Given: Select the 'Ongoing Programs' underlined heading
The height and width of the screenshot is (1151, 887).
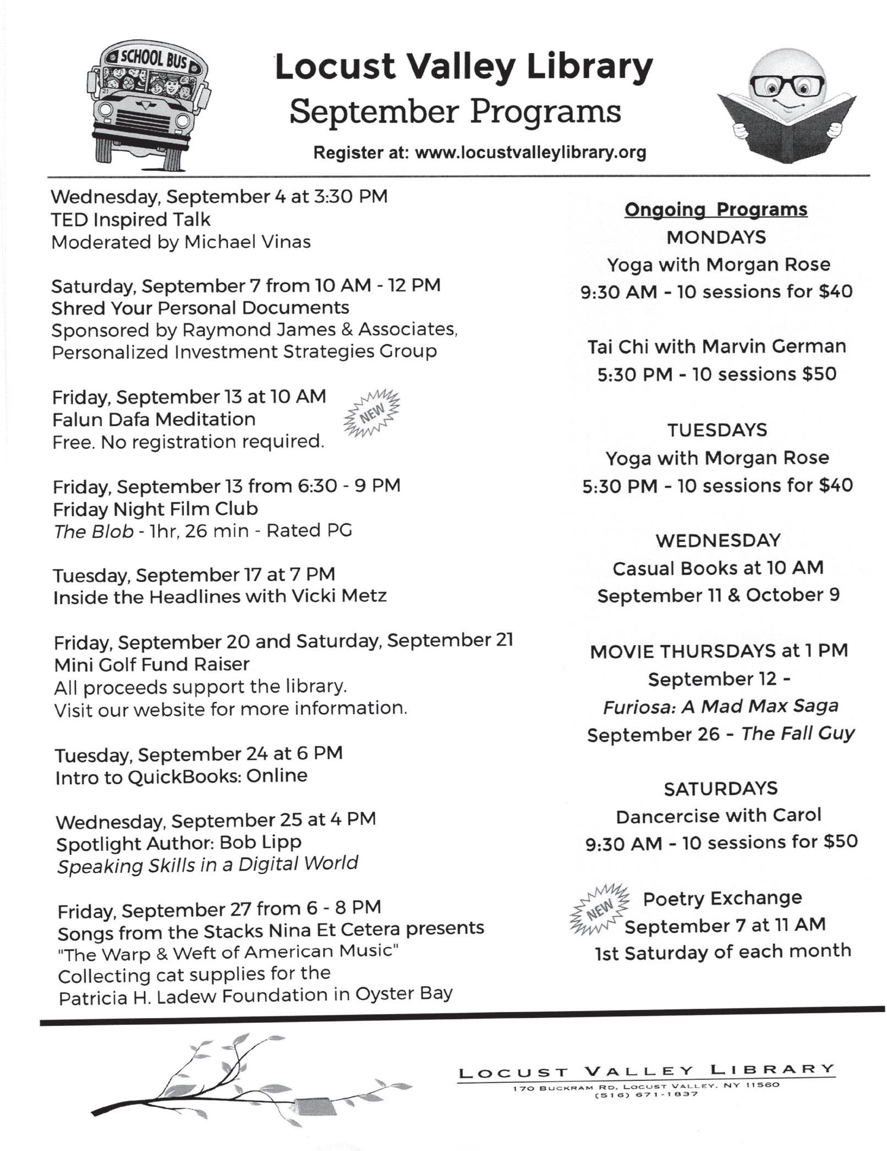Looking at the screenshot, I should pyautogui.click(x=716, y=210).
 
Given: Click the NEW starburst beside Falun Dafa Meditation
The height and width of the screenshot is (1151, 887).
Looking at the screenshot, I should pyautogui.click(x=372, y=414).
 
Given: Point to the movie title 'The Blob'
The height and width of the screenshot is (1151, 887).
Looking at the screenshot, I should pyautogui.click(x=94, y=531).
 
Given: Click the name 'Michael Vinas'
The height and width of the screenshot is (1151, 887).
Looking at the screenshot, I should pyautogui.click(x=247, y=242).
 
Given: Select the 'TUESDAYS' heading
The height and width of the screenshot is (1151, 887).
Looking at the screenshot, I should pyautogui.click(x=717, y=429).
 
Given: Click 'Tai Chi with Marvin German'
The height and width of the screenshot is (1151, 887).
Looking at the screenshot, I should pyautogui.click(x=716, y=346).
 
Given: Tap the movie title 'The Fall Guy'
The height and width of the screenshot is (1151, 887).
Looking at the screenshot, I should pyautogui.click(x=798, y=734).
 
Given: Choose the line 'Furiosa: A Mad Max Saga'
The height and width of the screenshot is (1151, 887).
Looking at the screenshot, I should pyautogui.click(x=720, y=706).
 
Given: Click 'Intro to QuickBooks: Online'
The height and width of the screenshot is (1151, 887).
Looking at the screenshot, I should pyautogui.click(x=182, y=776).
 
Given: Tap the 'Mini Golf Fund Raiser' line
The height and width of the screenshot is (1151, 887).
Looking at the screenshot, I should pyautogui.click(x=152, y=664).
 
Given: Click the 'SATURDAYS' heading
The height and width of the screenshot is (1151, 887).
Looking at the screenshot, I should pyautogui.click(x=720, y=789).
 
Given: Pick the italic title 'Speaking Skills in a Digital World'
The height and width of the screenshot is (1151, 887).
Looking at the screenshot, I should pyautogui.click(x=207, y=865).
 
